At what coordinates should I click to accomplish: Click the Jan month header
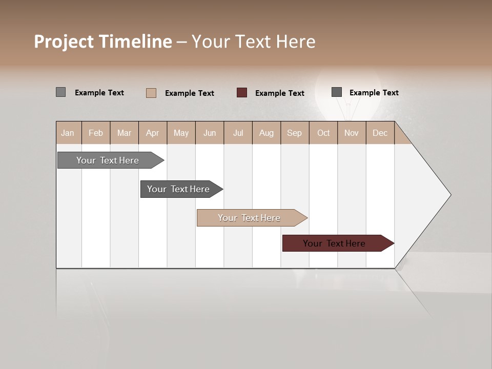[x=68, y=133]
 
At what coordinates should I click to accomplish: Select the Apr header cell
[x=153, y=133]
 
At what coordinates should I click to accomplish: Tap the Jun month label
[x=210, y=133]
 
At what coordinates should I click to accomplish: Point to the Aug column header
[x=266, y=133]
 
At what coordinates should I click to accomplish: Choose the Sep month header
[x=295, y=133]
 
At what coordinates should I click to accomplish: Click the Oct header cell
[x=323, y=133]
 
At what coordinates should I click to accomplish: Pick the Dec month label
[x=380, y=133]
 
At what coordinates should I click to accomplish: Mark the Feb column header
[x=96, y=133]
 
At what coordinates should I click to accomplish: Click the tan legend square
[x=151, y=93]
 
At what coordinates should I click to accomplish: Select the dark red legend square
[x=242, y=93]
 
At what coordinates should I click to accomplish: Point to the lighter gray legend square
[x=61, y=92]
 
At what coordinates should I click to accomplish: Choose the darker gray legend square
[x=337, y=92]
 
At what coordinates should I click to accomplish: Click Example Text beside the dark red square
[x=280, y=93]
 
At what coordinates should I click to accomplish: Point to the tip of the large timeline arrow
[x=450, y=195]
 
